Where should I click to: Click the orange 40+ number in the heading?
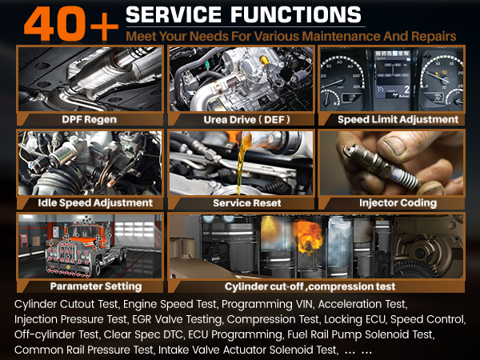point(71,23)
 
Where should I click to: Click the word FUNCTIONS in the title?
point(296,14)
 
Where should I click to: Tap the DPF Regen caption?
point(89,119)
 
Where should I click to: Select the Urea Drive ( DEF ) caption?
point(246,119)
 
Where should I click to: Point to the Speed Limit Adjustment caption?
point(398,119)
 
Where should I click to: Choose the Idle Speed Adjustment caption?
point(95,202)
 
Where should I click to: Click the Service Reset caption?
point(247,202)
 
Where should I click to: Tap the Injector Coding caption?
point(398,202)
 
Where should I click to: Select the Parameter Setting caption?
point(96,286)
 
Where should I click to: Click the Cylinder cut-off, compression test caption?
point(310,286)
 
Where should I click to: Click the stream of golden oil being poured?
point(241,166)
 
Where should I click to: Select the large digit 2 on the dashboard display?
point(406,90)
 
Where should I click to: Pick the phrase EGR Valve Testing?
point(177,319)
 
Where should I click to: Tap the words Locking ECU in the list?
point(354,319)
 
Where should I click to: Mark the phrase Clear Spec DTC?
point(143,334)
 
